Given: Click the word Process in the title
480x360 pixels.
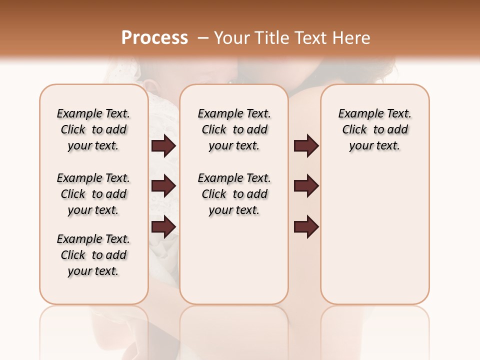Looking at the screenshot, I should tap(154, 38).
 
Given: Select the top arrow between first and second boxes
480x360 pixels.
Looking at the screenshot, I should tap(163, 146).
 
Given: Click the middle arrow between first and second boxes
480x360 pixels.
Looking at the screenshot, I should tap(163, 186).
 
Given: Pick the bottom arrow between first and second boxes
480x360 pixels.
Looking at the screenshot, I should tap(163, 227).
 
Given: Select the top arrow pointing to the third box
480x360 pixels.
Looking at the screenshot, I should tap(306, 146).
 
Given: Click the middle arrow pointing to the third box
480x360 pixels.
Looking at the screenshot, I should tap(306, 186).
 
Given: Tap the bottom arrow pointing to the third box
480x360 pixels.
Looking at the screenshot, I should tap(306, 227).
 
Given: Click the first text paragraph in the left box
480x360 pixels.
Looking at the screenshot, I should tap(93, 129).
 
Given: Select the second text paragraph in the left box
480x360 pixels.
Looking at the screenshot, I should tap(93, 194).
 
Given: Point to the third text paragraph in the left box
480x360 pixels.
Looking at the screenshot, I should tap(93, 255).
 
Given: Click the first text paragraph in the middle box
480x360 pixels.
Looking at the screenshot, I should tap(234, 129).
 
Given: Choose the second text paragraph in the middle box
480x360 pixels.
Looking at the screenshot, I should tap(234, 194).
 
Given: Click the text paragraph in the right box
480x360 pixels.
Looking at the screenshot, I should tap(374, 129).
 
